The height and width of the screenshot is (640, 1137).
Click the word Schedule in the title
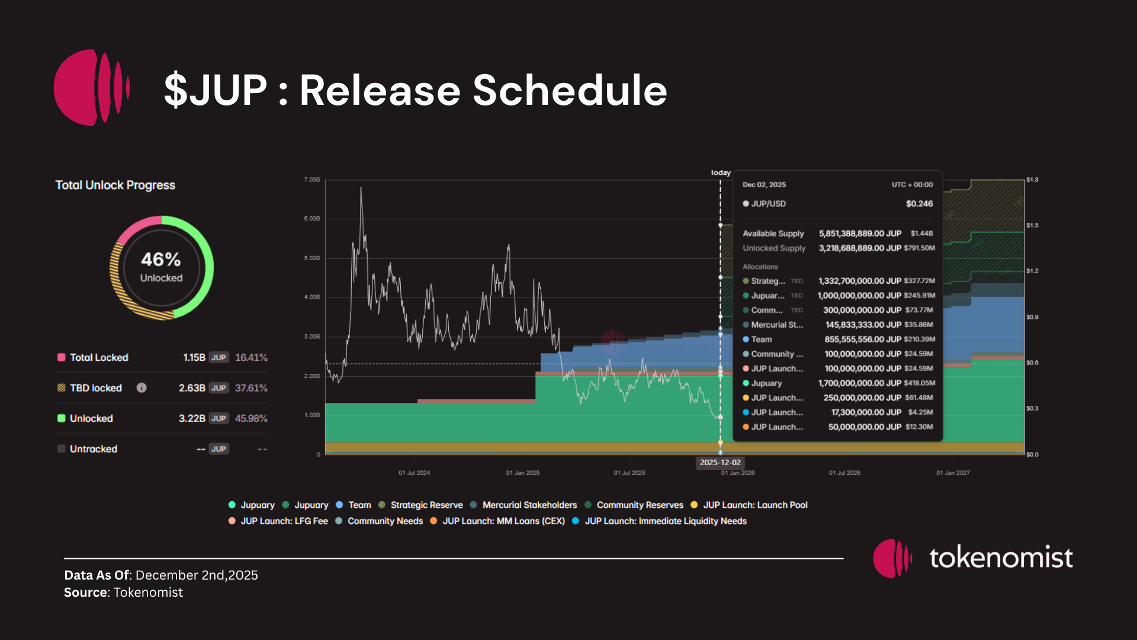pos(570,91)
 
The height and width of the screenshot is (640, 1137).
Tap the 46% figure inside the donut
pos(160,260)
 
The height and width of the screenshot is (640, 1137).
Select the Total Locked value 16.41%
pos(251,357)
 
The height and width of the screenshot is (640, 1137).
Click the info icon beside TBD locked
pos(142,388)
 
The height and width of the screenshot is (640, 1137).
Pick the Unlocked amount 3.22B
pos(192,418)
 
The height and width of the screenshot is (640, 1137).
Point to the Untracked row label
pos(94,449)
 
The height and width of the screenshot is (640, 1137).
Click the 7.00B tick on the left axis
pos(312,180)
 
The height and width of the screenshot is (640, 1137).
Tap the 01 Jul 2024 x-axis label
pos(414,473)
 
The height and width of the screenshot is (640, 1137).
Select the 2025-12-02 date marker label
pos(720,463)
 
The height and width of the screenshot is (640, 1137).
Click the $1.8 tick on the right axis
pos(1032,180)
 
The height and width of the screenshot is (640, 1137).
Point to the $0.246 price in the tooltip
pos(919,204)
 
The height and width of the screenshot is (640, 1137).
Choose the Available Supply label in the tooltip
pos(773,233)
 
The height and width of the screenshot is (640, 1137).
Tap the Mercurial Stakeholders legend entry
pos(529,505)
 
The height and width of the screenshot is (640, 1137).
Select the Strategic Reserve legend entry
pos(426,505)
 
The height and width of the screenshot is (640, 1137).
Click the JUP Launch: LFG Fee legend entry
pos(284,521)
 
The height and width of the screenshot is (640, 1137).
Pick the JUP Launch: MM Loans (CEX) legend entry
pos(503,521)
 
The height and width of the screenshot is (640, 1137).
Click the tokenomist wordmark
pos(1001,558)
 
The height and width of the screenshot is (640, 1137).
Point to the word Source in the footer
pos(85,593)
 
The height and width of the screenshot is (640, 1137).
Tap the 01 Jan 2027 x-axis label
pos(953,473)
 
